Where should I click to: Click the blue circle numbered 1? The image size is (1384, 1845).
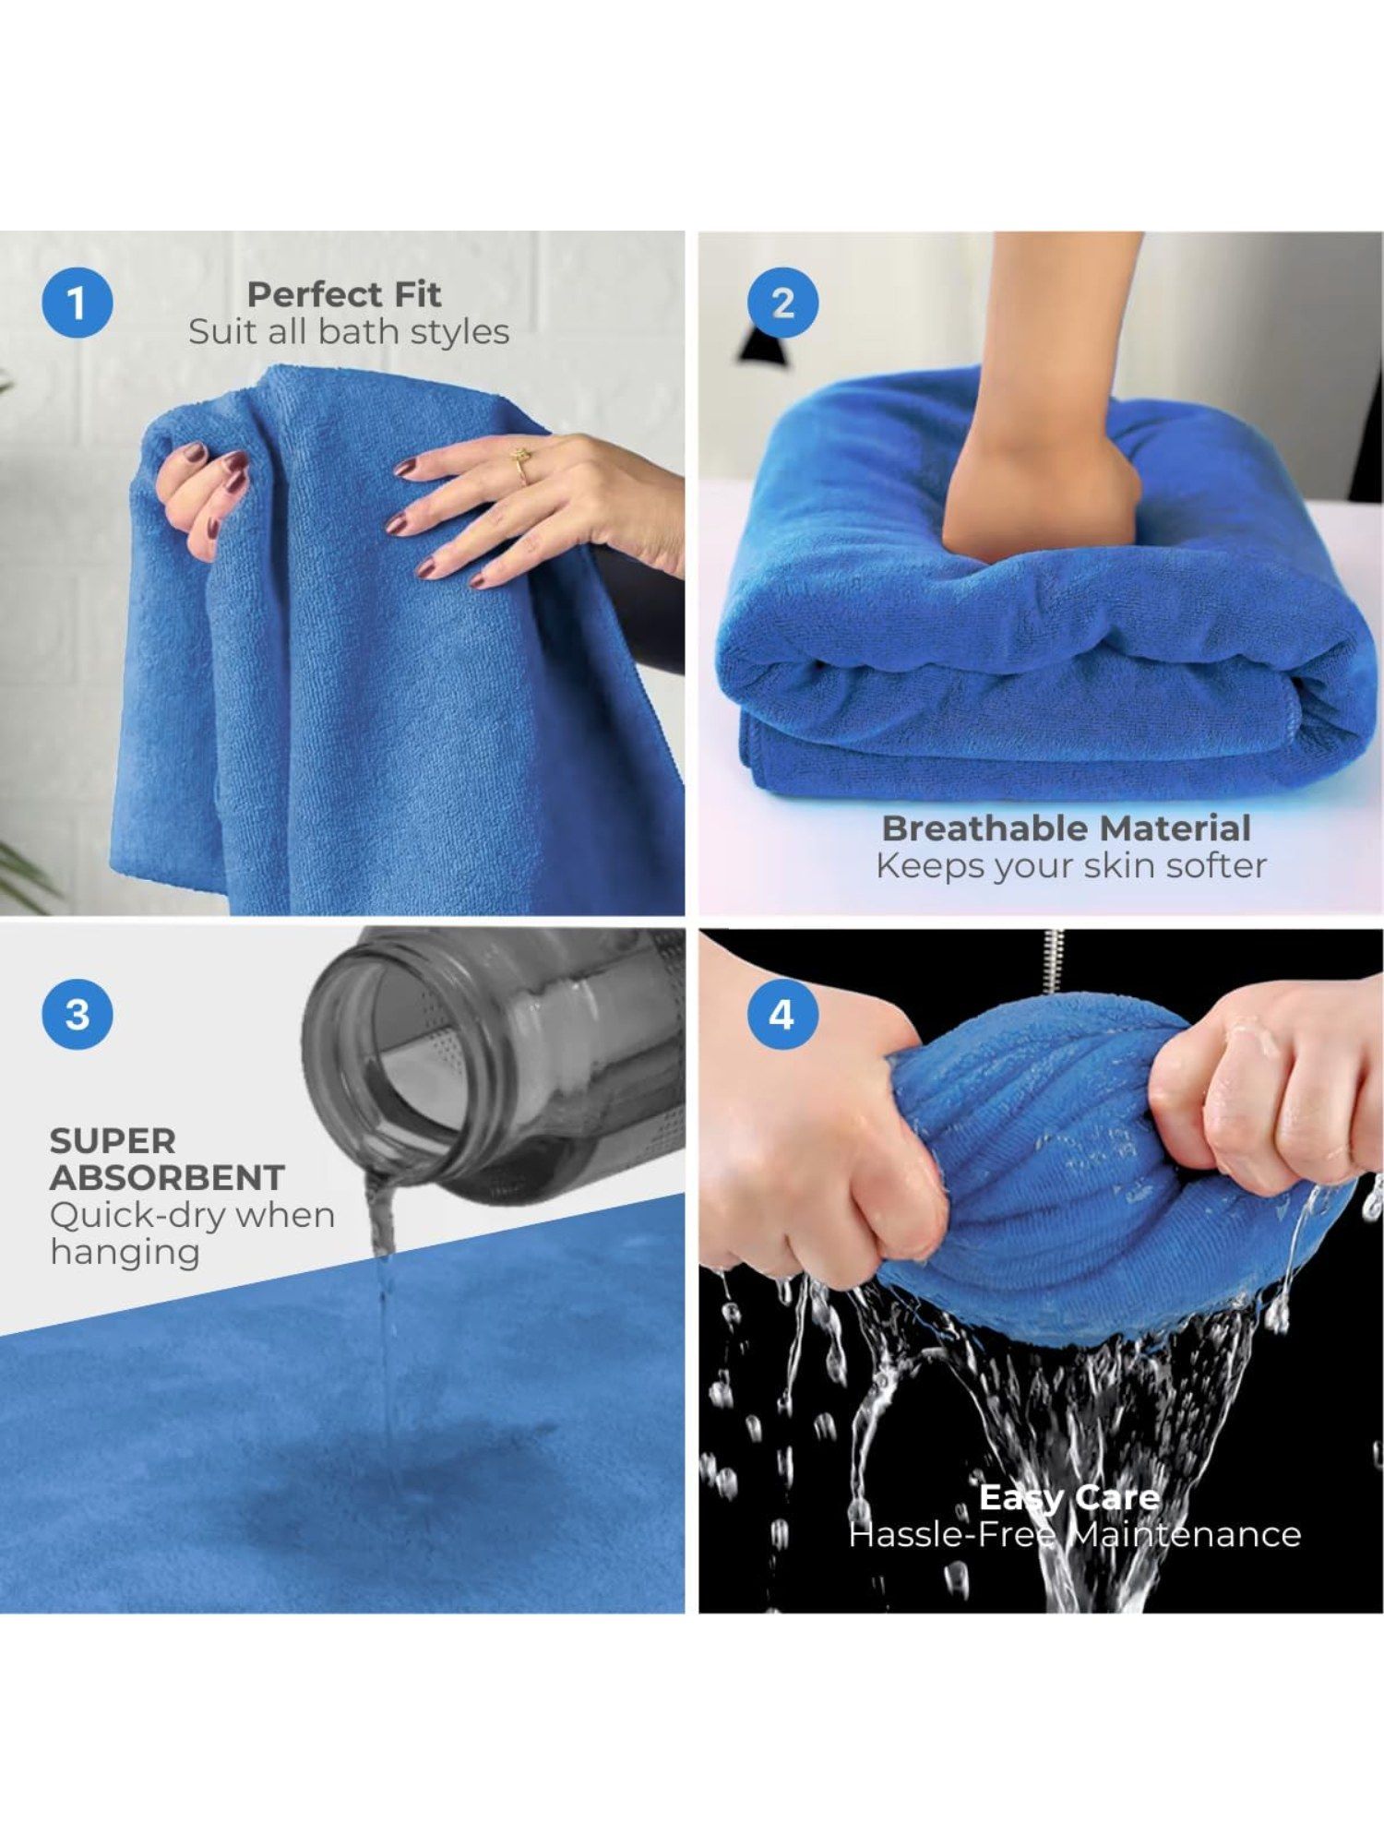(x=78, y=303)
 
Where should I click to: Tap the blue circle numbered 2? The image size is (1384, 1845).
(x=782, y=303)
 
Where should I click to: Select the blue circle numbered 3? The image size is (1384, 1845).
(x=78, y=1014)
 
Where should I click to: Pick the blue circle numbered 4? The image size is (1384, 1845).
(x=782, y=1014)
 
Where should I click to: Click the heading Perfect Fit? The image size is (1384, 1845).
(x=344, y=294)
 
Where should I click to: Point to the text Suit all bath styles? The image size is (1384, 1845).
(x=349, y=332)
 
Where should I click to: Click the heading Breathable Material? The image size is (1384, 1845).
(x=1067, y=827)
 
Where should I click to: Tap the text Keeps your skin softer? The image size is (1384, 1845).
(x=1071, y=866)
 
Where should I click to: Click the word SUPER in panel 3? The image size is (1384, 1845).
(x=113, y=1141)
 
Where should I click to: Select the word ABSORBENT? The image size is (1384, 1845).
(x=167, y=1178)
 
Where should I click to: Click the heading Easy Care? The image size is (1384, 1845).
(x=1068, y=1497)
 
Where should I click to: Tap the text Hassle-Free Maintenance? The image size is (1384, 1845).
(x=1075, y=1535)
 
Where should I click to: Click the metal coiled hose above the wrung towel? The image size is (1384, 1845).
(x=1054, y=960)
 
